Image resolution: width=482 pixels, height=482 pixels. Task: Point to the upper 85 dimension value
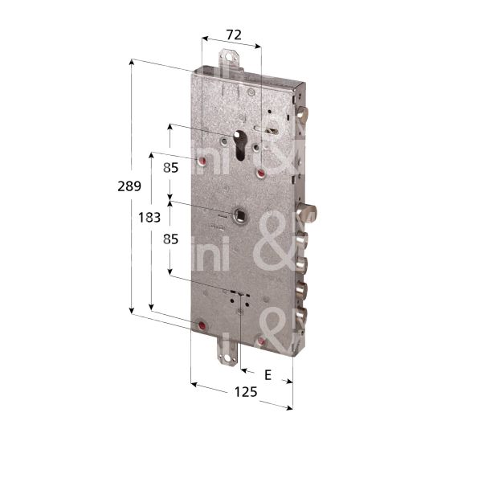(x=170, y=169)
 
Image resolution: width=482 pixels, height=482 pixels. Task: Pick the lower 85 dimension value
(x=170, y=239)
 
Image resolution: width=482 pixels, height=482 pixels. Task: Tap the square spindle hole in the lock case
(x=239, y=214)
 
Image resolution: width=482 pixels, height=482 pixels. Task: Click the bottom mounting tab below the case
(x=231, y=351)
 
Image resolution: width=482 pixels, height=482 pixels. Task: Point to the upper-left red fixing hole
(x=201, y=164)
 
